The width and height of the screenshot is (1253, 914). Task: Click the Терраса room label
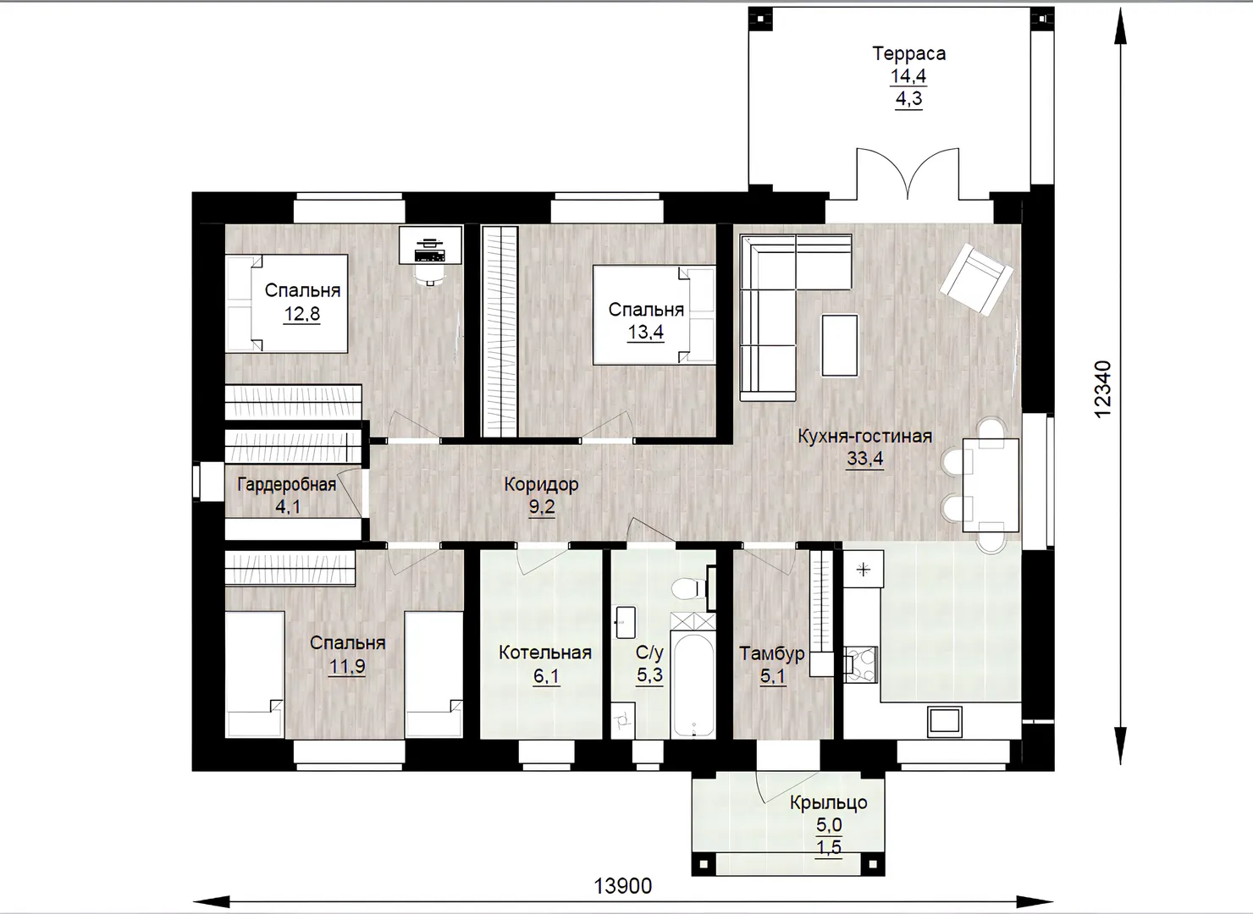click(909, 53)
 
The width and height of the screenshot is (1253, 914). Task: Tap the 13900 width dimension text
click(622, 886)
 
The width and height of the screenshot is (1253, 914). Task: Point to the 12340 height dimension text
click(1102, 389)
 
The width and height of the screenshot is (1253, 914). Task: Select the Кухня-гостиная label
click(864, 436)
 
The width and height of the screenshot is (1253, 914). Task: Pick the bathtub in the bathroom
click(693, 685)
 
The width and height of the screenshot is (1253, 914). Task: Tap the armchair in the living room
click(976, 279)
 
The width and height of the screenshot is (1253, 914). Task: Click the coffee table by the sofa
click(840, 345)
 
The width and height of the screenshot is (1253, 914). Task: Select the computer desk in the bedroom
click(430, 245)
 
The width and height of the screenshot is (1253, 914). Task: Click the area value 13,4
click(645, 332)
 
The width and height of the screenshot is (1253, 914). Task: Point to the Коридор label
click(541, 484)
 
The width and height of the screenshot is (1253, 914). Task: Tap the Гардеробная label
click(286, 484)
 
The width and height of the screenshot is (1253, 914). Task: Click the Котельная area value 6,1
click(546, 676)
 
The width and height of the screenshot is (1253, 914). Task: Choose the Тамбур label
click(772, 653)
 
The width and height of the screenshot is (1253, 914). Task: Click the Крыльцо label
click(829, 803)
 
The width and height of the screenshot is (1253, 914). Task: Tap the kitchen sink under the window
click(944, 721)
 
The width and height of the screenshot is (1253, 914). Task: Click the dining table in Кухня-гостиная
click(990, 485)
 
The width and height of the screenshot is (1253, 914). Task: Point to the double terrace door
click(908, 173)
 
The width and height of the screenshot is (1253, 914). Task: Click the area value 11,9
click(347, 666)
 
